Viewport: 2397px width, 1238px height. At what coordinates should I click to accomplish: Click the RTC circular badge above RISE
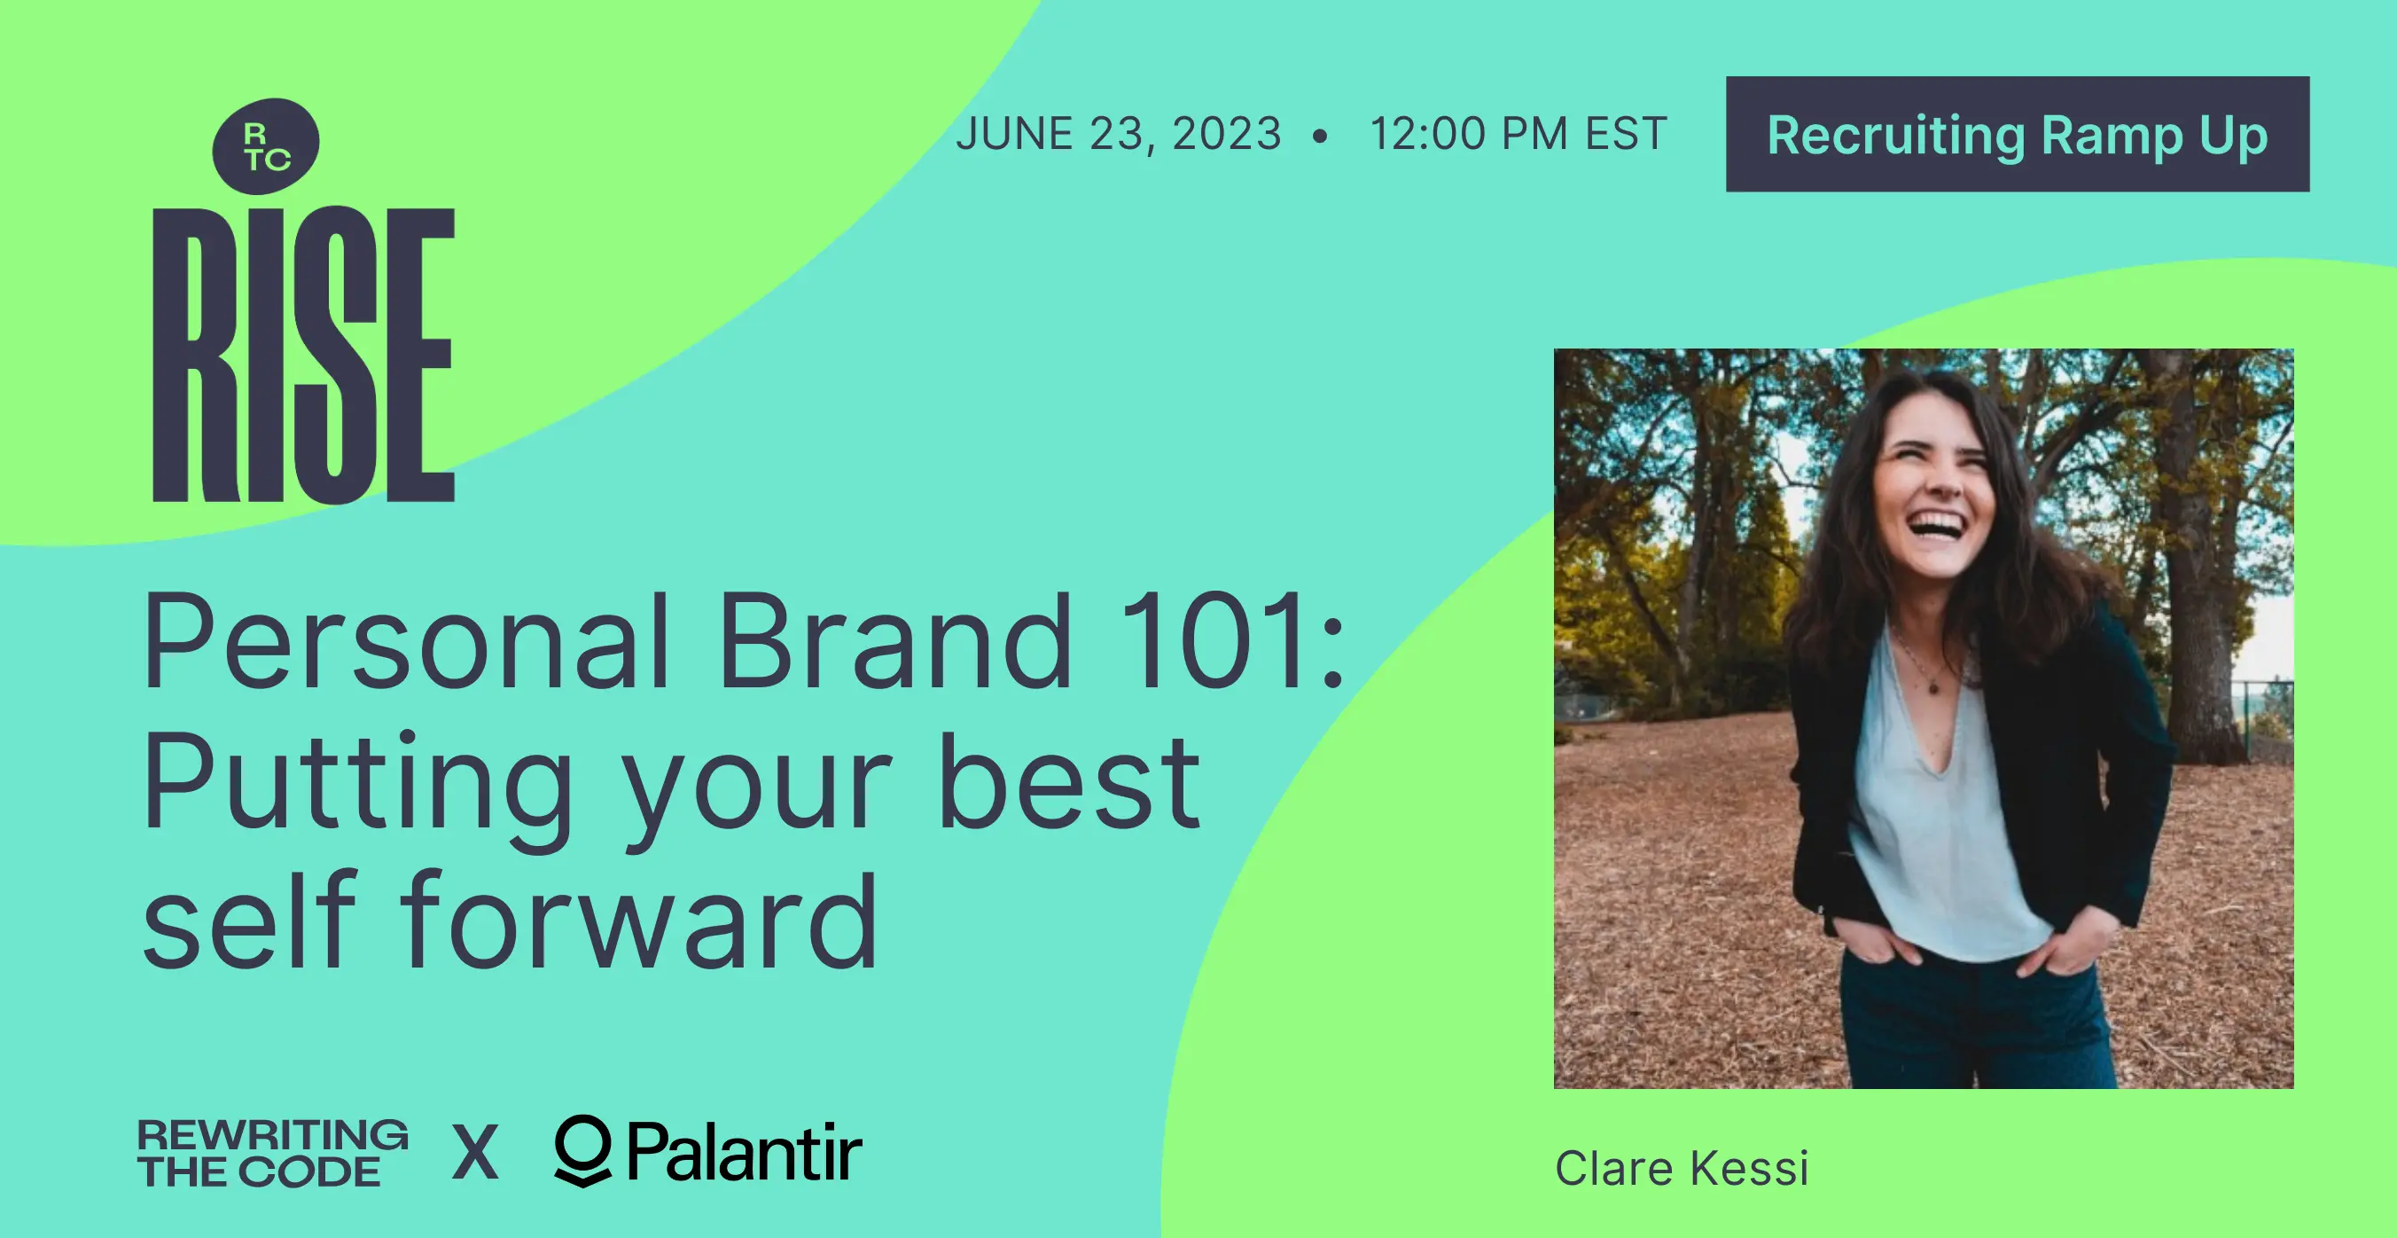point(266,146)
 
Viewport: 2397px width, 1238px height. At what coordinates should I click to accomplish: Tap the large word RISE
point(303,354)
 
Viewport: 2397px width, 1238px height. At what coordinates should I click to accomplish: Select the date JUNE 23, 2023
point(1119,134)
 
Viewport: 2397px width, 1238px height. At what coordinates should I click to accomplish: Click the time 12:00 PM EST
point(1519,134)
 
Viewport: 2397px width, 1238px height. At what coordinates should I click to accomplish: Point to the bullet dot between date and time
point(1319,137)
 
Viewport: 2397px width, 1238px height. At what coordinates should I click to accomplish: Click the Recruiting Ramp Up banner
point(2018,134)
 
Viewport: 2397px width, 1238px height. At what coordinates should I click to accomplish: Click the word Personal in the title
point(406,641)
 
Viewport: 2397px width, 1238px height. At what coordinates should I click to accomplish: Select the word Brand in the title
point(896,641)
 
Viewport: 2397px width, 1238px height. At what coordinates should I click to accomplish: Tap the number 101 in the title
point(1214,641)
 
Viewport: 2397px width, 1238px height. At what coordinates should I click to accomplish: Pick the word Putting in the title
point(358,791)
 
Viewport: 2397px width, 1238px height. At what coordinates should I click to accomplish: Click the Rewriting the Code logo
point(273,1153)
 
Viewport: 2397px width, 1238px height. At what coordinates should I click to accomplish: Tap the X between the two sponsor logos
point(475,1152)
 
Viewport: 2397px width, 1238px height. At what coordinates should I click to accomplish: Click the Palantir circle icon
point(582,1150)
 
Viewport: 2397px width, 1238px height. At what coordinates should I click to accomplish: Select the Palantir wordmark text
point(745,1152)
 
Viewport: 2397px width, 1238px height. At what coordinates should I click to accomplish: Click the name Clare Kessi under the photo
point(1682,1169)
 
